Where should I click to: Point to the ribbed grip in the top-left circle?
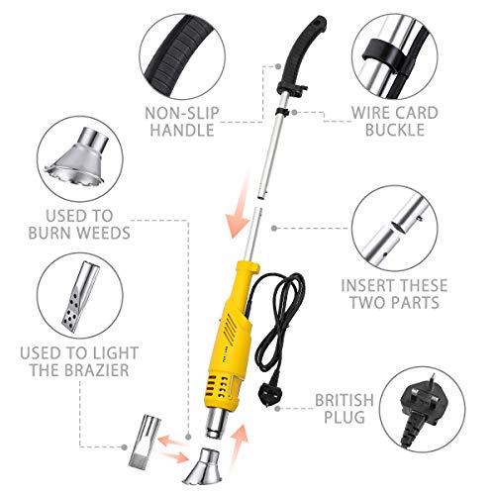coord(189,45)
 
